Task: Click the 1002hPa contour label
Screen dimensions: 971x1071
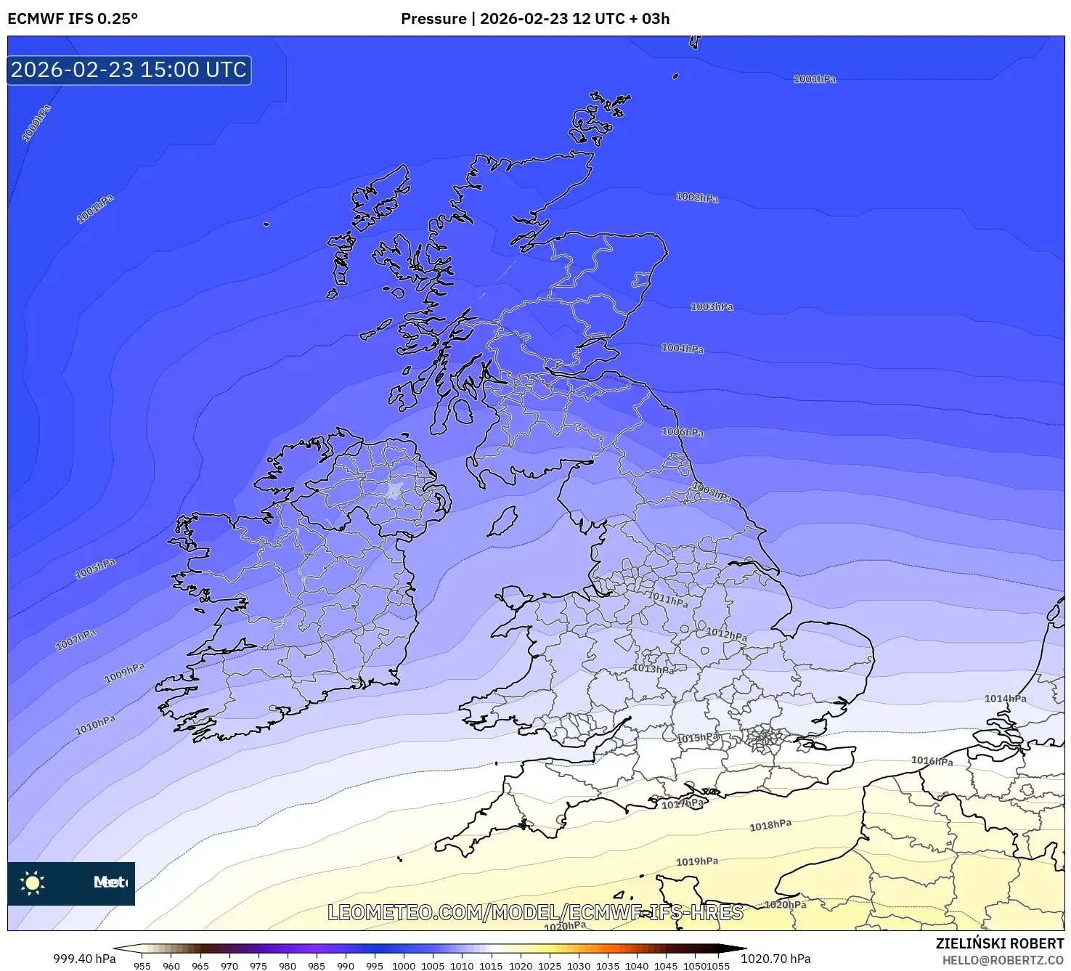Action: pyautogui.click(x=697, y=198)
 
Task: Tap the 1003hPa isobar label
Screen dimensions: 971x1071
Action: pyautogui.click(x=712, y=307)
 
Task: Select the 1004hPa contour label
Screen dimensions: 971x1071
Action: pyautogui.click(x=682, y=349)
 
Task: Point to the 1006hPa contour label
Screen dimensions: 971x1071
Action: pyautogui.click(x=682, y=432)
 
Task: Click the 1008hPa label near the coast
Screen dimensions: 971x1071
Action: pyautogui.click(x=712, y=493)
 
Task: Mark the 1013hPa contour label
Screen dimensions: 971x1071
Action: pyautogui.click(x=653, y=669)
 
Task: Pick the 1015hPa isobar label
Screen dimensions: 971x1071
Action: pyautogui.click(x=698, y=738)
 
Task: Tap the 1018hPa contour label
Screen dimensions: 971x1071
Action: pyautogui.click(x=770, y=826)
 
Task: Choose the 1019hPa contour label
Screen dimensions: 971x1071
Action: pyautogui.click(x=697, y=861)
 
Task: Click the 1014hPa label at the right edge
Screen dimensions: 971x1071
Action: pyautogui.click(x=1005, y=699)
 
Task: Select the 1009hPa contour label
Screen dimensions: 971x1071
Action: pyautogui.click(x=125, y=673)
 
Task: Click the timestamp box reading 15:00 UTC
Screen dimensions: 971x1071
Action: pyautogui.click(x=129, y=70)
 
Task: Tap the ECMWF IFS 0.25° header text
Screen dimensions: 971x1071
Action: pyautogui.click(x=73, y=19)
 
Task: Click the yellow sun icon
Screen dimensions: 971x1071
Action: pyautogui.click(x=33, y=883)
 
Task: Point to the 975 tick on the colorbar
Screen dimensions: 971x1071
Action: pyautogui.click(x=258, y=965)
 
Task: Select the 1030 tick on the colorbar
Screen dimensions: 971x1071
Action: pyautogui.click(x=579, y=965)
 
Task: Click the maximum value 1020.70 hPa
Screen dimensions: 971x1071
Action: pyautogui.click(x=775, y=959)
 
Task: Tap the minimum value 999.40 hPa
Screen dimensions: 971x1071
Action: pyautogui.click(x=84, y=959)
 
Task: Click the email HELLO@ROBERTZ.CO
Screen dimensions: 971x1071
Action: pyautogui.click(x=1003, y=960)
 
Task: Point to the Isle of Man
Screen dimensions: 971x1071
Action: pyautogui.click(x=502, y=521)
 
